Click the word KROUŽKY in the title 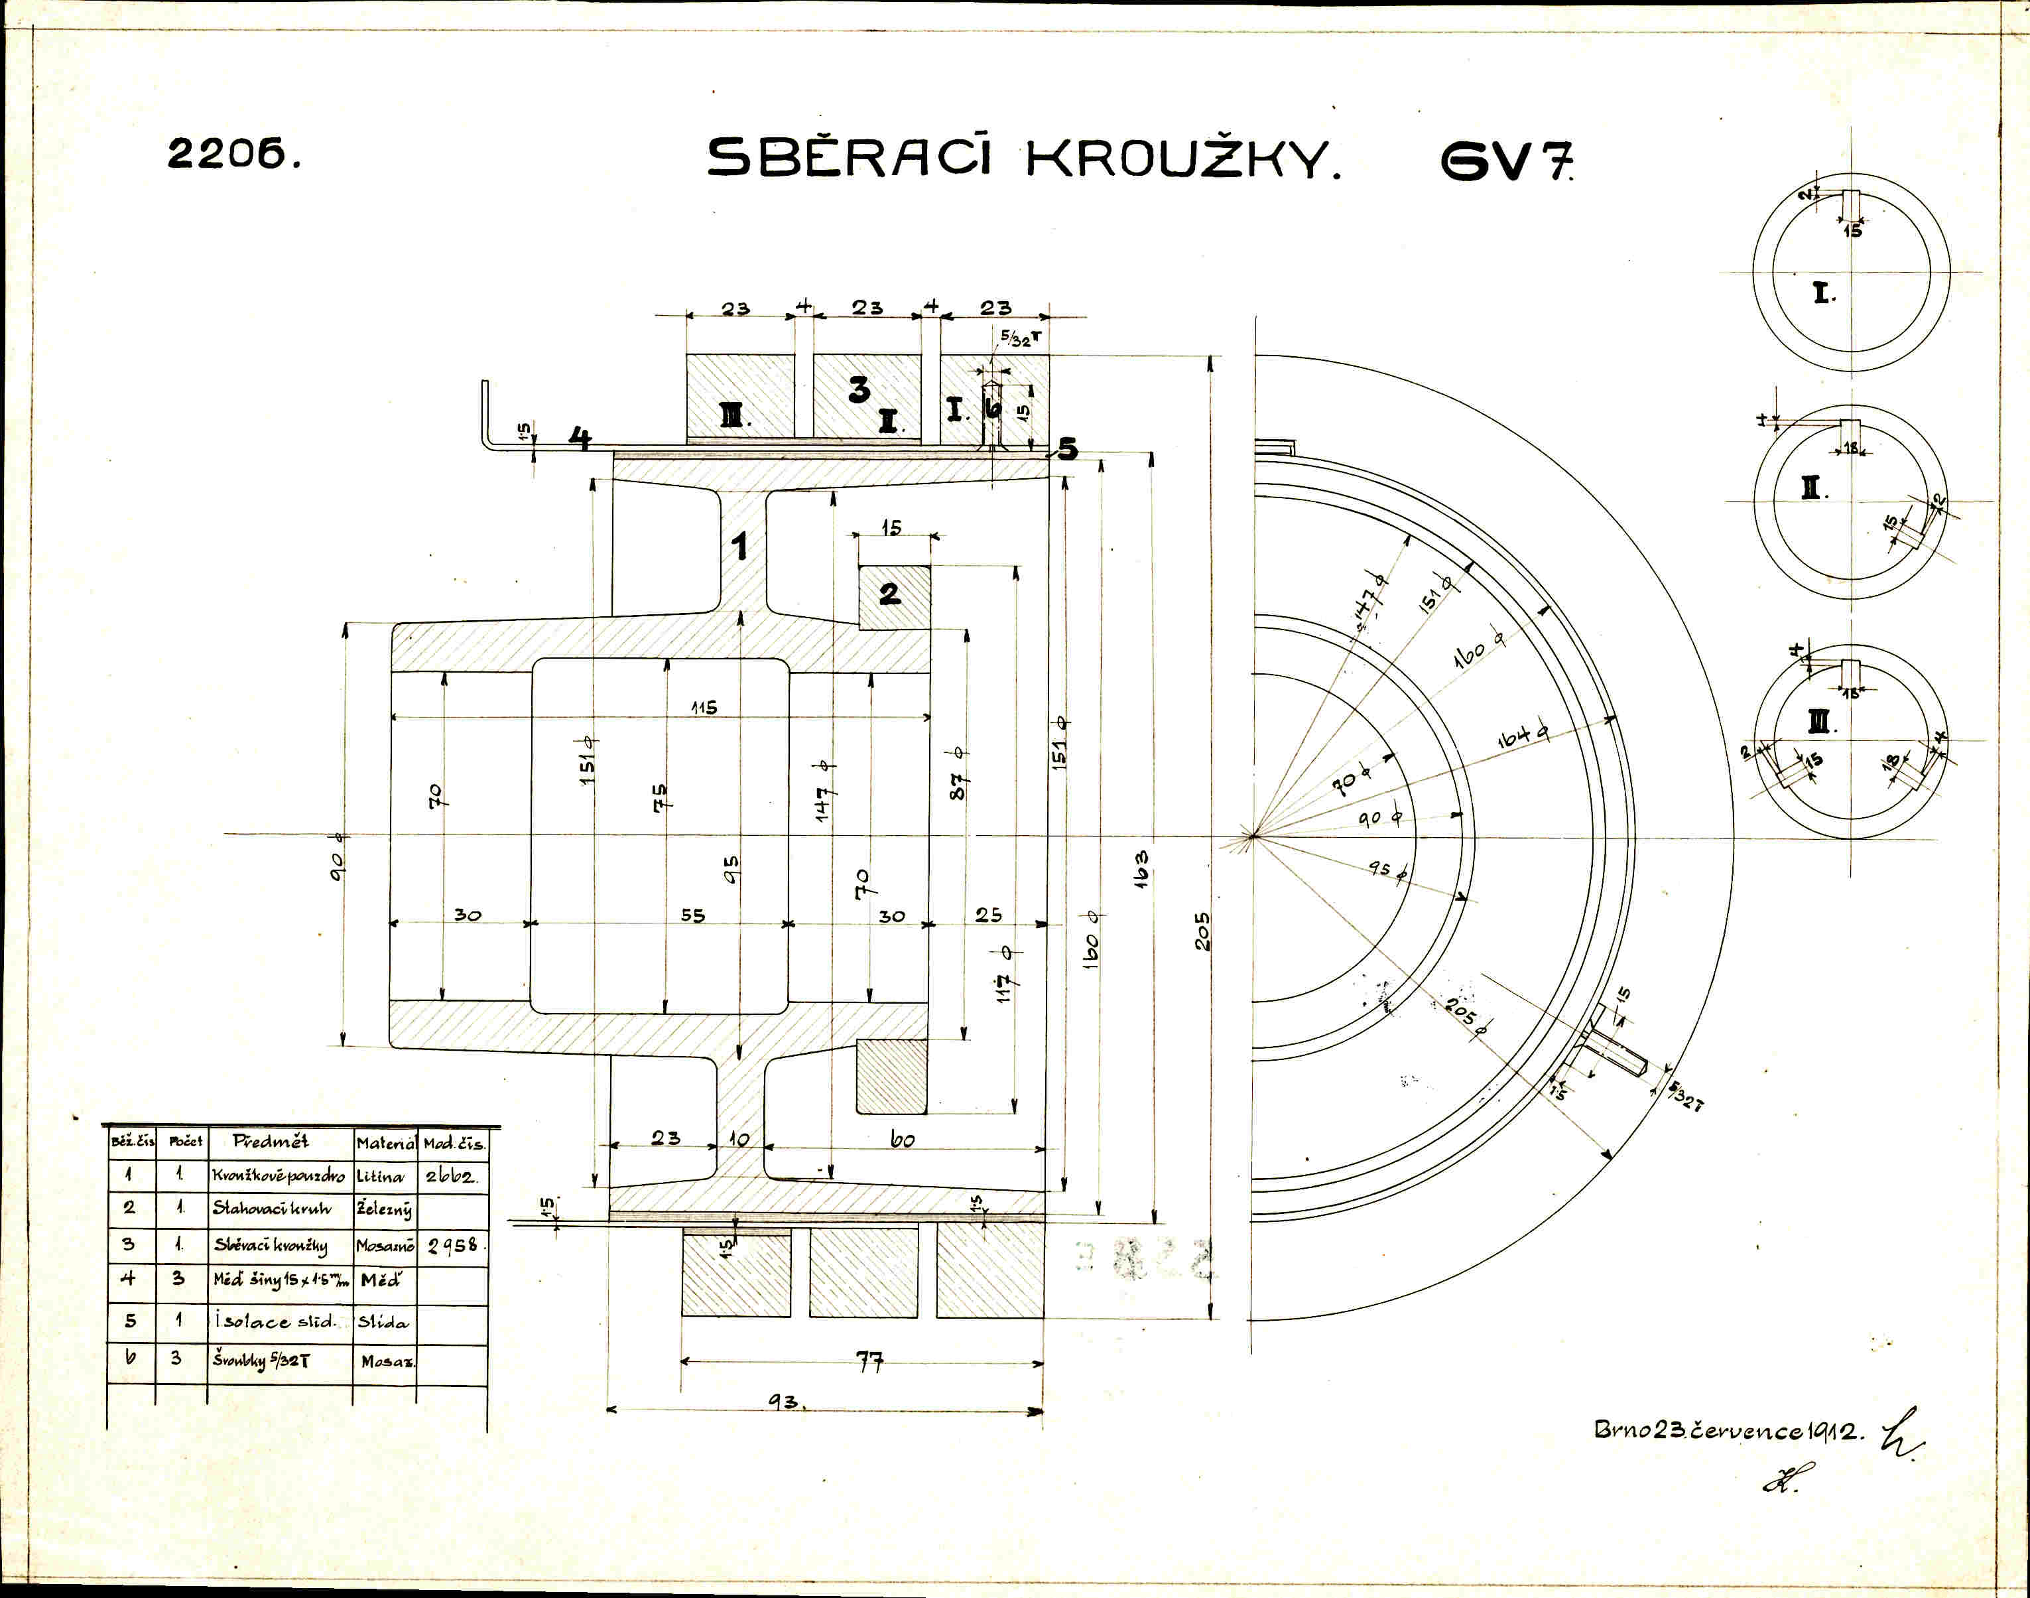[x=1182, y=159]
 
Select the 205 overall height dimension [x=1203, y=931]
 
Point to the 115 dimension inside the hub [x=704, y=707]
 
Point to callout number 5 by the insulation [x=1067, y=450]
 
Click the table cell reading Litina [x=379, y=1176]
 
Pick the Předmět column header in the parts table [x=271, y=1142]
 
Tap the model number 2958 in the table [x=454, y=1245]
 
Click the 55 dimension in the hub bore [x=692, y=915]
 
